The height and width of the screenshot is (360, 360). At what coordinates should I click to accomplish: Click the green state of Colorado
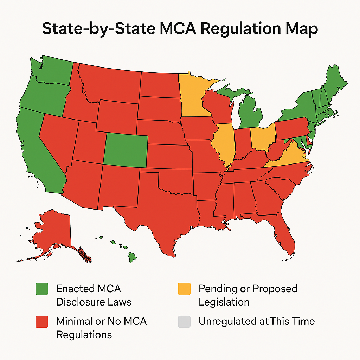click(x=126, y=149)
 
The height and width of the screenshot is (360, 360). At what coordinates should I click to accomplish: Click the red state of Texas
click(x=165, y=207)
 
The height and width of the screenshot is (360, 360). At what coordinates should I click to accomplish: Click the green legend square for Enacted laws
click(x=43, y=289)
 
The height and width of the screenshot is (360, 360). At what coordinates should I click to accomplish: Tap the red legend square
click(x=43, y=321)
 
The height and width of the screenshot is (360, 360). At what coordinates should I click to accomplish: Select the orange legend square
click(x=184, y=289)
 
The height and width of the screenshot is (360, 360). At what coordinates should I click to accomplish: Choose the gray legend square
click(x=184, y=321)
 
